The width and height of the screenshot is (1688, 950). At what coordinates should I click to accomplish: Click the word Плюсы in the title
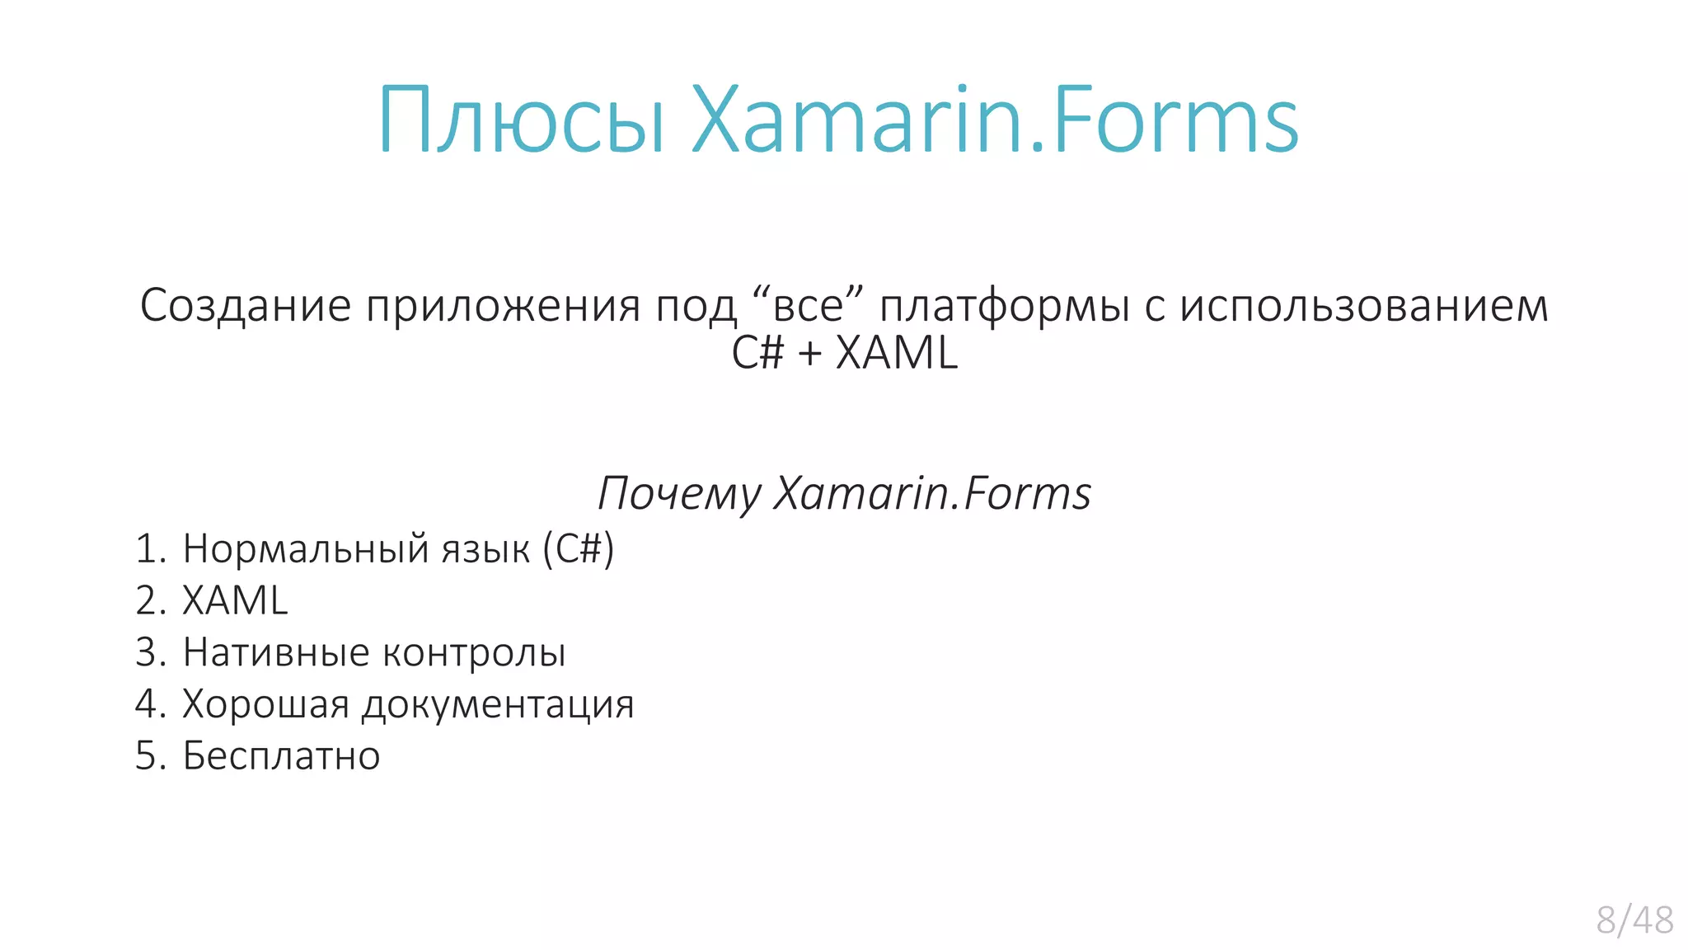(x=521, y=121)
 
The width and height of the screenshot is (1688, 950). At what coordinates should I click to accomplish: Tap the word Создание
(x=246, y=305)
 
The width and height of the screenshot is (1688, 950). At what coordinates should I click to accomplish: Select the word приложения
(x=503, y=305)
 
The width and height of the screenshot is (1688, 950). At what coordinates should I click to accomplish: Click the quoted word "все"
(x=808, y=305)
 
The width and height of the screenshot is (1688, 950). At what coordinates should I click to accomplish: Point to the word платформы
(x=1005, y=307)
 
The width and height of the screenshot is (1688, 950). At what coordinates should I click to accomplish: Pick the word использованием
(x=1364, y=305)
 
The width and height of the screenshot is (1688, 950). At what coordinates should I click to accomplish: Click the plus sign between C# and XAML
(x=809, y=354)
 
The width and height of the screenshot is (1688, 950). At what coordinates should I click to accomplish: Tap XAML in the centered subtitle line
(x=897, y=353)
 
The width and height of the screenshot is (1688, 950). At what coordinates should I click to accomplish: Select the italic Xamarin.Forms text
(x=932, y=493)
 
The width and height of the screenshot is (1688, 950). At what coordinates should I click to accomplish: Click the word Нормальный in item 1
(x=306, y=549)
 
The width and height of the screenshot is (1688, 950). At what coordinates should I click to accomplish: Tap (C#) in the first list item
(x=579, y=549)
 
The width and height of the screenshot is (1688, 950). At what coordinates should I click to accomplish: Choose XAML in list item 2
(x=235, y=600)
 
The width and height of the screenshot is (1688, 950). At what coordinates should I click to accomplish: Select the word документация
(x=498, y=705)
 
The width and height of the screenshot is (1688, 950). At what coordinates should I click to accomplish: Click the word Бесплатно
(x=281, y=756)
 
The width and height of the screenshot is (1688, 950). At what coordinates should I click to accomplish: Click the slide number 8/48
(x=1634, y=919)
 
